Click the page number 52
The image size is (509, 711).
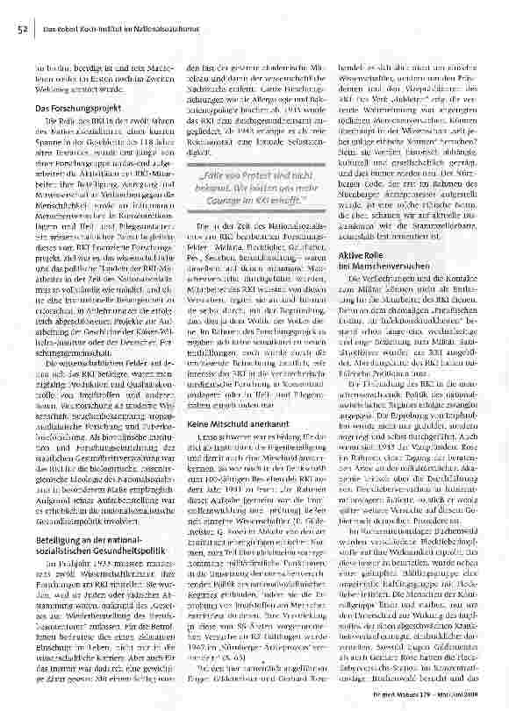pos(18,29)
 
